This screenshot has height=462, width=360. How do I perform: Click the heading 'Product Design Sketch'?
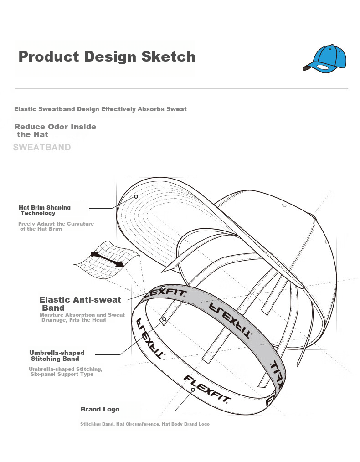pyautogui.click(x=107, y=57)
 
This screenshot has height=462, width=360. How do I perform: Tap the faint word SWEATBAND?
pyautogui.click(x=42, y=147)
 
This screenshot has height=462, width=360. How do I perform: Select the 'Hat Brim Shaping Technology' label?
pyautogui.click(x=45, y=210)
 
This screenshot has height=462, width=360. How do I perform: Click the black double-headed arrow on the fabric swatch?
pyautogui.click(x=107, y=259)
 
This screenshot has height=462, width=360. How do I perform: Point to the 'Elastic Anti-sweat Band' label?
pyautogui.click(x=80, y=303)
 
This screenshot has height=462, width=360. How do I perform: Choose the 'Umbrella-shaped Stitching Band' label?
pyautogui.click(x=57, y=356)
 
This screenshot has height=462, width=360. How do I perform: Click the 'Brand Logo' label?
pyautogui.click(x=100, y=409)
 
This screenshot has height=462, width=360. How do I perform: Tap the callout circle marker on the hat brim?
pyautogui.click(x=136, y=196)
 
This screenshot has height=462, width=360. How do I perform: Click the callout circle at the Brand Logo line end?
pyautogui.click(x=193, y=390)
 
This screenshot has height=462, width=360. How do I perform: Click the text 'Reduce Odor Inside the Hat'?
pyautogui.click(x=55, y=130)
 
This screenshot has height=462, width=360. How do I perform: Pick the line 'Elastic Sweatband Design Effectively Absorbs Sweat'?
pyautogui.click(x=100, y=109)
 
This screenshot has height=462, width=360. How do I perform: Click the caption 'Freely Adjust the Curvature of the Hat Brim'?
pyautogui.click(x=56, y=226)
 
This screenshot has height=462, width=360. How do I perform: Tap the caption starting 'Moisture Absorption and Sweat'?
pyautogui.click(x=82, y=317)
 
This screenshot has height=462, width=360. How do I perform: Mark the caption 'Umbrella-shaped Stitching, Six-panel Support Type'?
pyautogui.click(x=65, y=371)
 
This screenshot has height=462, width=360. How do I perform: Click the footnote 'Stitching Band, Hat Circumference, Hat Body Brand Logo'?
pyautogui.click(x=145, y=424)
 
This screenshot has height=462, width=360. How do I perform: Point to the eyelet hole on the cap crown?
pyautogui.click(x=284, y=205)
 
